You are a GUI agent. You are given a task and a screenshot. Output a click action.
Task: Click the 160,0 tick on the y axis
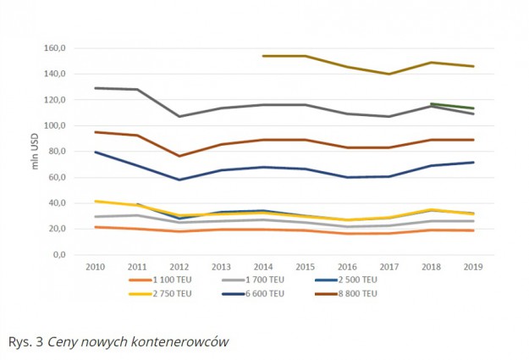pyautogui.click(x=68, y=48)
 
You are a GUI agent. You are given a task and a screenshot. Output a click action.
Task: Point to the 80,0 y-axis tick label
pyautogui.click(x=70, y=152)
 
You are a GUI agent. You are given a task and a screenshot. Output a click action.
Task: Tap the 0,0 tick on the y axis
pyautogui.click(x=74, y=255)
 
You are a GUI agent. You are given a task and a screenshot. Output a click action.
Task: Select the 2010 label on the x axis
pyautogui.click(x=95, y=266)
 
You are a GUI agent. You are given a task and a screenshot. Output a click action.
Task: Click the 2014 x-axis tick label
pyautogui.click(x=264, y=266)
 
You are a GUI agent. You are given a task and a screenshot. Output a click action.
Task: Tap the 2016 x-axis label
pyautogui.click(x=348, y=266)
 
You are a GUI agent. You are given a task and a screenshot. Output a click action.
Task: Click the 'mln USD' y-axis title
pyautogui.click(x=36, y=152)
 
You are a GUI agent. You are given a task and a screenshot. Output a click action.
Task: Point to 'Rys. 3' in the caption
pyautogui.click(x=25, y=341)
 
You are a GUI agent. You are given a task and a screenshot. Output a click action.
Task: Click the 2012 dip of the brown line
pyautogui.click(x=179, y=156)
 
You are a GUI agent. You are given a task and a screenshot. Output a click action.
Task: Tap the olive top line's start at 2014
pyautogui.click(x=264, y=56)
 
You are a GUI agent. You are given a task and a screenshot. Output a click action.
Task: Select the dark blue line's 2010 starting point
pyautogui.click(x=95, y=152)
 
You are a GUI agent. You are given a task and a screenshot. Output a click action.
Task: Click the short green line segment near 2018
pyautogui.click(x=453, y=106)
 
